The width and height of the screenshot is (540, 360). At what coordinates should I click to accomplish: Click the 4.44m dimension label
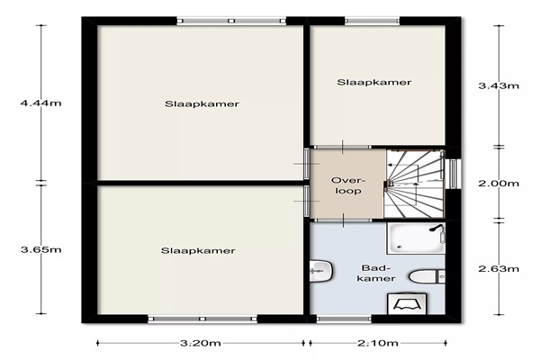tap(41, 103)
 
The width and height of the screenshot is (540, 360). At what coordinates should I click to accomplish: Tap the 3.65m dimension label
tap(41, 249)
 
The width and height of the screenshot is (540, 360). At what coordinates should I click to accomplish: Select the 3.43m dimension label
tap(499, 85)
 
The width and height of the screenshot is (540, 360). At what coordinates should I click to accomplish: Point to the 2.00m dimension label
tap(499, 184)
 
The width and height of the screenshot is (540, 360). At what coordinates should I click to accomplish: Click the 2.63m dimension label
tap(499, 269)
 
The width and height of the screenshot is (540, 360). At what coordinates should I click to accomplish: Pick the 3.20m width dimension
tap(201, 343)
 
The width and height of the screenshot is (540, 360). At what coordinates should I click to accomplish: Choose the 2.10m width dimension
tap(378, 343)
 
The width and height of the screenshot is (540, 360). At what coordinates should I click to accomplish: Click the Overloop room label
tap(347, 185)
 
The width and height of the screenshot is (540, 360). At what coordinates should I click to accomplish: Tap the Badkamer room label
tap(376, 274)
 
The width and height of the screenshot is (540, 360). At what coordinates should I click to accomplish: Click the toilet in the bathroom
tap(427, 276)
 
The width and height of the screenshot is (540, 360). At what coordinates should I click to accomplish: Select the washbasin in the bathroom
tap(321, 271)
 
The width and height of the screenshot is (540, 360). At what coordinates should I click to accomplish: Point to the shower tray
tap(416, 238)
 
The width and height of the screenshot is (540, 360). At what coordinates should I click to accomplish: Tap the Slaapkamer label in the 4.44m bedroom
tap(202, 104)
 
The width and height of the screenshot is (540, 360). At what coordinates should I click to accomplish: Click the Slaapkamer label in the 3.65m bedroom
tap(198, 250)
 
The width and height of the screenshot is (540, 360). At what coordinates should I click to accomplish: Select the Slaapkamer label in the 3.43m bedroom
tap(374, 82)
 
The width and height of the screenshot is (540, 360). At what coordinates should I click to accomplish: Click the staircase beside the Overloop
tap(414, 184)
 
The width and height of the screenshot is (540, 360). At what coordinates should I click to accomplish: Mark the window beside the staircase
tap(454, 174)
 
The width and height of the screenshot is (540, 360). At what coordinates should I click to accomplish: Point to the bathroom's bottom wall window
tap(344, 319)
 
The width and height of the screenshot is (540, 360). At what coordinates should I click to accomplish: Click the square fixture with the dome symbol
tap(407, 303)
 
